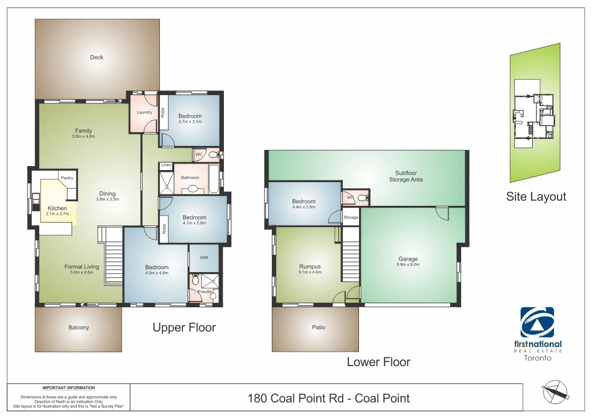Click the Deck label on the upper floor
point(96,57)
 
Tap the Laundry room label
point(144,112)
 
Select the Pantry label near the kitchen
point(67,178)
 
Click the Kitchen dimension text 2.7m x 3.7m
point(57,214)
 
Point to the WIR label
point(204,258)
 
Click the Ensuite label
point(205,291)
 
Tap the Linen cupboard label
point(166,165)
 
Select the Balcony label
point(78,327)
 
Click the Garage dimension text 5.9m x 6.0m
point(407,265)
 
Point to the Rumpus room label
point(309,266)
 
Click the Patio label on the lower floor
point(318,327)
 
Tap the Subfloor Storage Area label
point(406,176)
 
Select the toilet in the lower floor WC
point(362,198)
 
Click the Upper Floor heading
point(184,327)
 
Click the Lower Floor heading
point(378,362)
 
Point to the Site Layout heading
point(536,197)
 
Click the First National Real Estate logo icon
point(537,322)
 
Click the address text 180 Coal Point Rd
point(328,398)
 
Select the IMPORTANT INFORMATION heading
point(69,388)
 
